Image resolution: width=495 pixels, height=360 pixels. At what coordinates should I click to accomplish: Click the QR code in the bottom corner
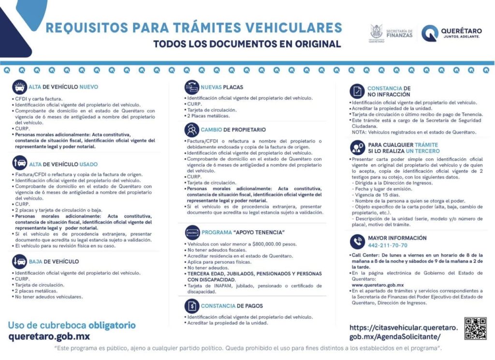point(475,329)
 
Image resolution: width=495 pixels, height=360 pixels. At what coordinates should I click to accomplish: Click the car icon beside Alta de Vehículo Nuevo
point(20,87)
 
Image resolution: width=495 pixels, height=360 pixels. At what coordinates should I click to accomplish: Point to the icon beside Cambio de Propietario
point(191,130)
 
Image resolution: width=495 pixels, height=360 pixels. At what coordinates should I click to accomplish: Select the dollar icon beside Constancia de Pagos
point(192,306)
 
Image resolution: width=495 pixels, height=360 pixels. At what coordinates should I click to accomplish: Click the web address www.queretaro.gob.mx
point(378,285)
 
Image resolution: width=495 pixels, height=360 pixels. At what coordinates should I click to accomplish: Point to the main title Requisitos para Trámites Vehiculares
point(193,28)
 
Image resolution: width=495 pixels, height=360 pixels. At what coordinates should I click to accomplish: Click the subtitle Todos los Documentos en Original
point(247,44)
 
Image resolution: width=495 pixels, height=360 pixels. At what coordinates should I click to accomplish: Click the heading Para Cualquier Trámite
point(403,145)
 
